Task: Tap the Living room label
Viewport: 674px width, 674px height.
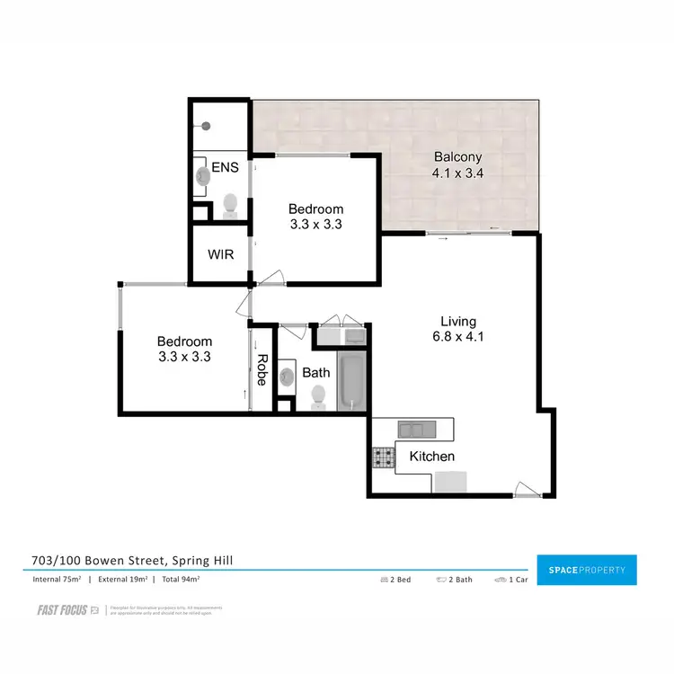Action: click(x=458, y=321)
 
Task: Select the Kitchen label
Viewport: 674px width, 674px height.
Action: click(x=432, y=457)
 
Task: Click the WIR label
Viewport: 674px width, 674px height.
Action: click(x=221, y=254)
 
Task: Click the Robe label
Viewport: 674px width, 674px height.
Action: click(x=262, y=368)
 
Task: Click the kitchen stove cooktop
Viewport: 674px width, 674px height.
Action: click(x=385, y=457)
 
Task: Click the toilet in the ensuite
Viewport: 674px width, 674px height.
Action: click(x=230, y=206)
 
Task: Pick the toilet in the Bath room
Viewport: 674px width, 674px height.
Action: click(x=317, y=395)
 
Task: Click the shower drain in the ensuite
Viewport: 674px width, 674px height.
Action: click(x=206, y=127)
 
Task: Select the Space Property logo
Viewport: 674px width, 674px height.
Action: click(x=586, y=570)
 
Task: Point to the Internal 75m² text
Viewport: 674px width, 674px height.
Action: click(x=58, y=580)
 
